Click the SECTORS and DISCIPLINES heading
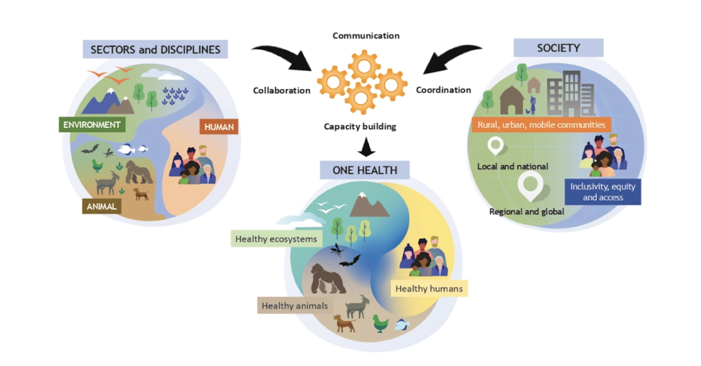coord(155,49)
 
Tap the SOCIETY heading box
coord(559,48)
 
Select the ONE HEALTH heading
coord(365,170)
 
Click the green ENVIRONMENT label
coord(92,125)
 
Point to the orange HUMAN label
coord(218,127)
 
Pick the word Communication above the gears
coord(366,36)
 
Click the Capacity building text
coord(360,127)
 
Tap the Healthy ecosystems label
coord(277,239)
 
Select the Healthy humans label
coord(429,289)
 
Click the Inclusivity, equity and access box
coord(602,192)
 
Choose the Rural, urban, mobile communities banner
coord(541,125)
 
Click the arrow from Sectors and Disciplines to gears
coord(284,55)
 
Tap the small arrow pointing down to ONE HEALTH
coord(366,147)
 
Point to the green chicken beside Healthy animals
coord(381,323)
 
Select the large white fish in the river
coord(126,149)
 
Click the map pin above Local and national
coord(496,146)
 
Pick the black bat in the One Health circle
coord(350,261)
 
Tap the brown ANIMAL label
coord(101,207)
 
